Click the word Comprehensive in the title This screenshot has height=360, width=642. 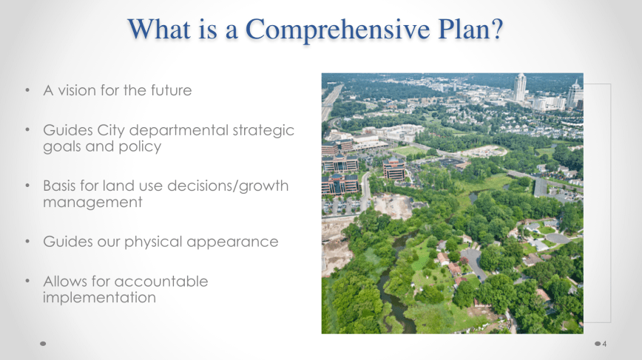[x=337, y=30]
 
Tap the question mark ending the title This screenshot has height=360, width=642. [x=496, y=29]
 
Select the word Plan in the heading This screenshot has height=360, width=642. [x=463, y=29]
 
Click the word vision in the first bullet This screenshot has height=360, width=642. [x=77, y=90]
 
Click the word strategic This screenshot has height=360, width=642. [x=263, y=131]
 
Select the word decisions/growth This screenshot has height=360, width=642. [x=228, y=186]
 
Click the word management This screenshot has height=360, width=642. [x=92, y=203]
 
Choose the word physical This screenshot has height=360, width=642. [x=153, y=242]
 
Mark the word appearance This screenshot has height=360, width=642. [x=232, y=242]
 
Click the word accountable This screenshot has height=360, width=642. [x=161, y=282]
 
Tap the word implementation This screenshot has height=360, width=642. [x=100, y=298]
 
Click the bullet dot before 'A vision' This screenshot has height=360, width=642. [x=27, y=89]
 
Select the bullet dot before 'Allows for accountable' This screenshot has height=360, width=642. [x=27, y=281]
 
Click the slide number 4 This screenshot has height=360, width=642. [x=604, y=344]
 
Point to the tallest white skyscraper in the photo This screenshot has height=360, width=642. [x=519, y=87]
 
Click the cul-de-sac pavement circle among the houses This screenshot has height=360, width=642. [x=558, y=239]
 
